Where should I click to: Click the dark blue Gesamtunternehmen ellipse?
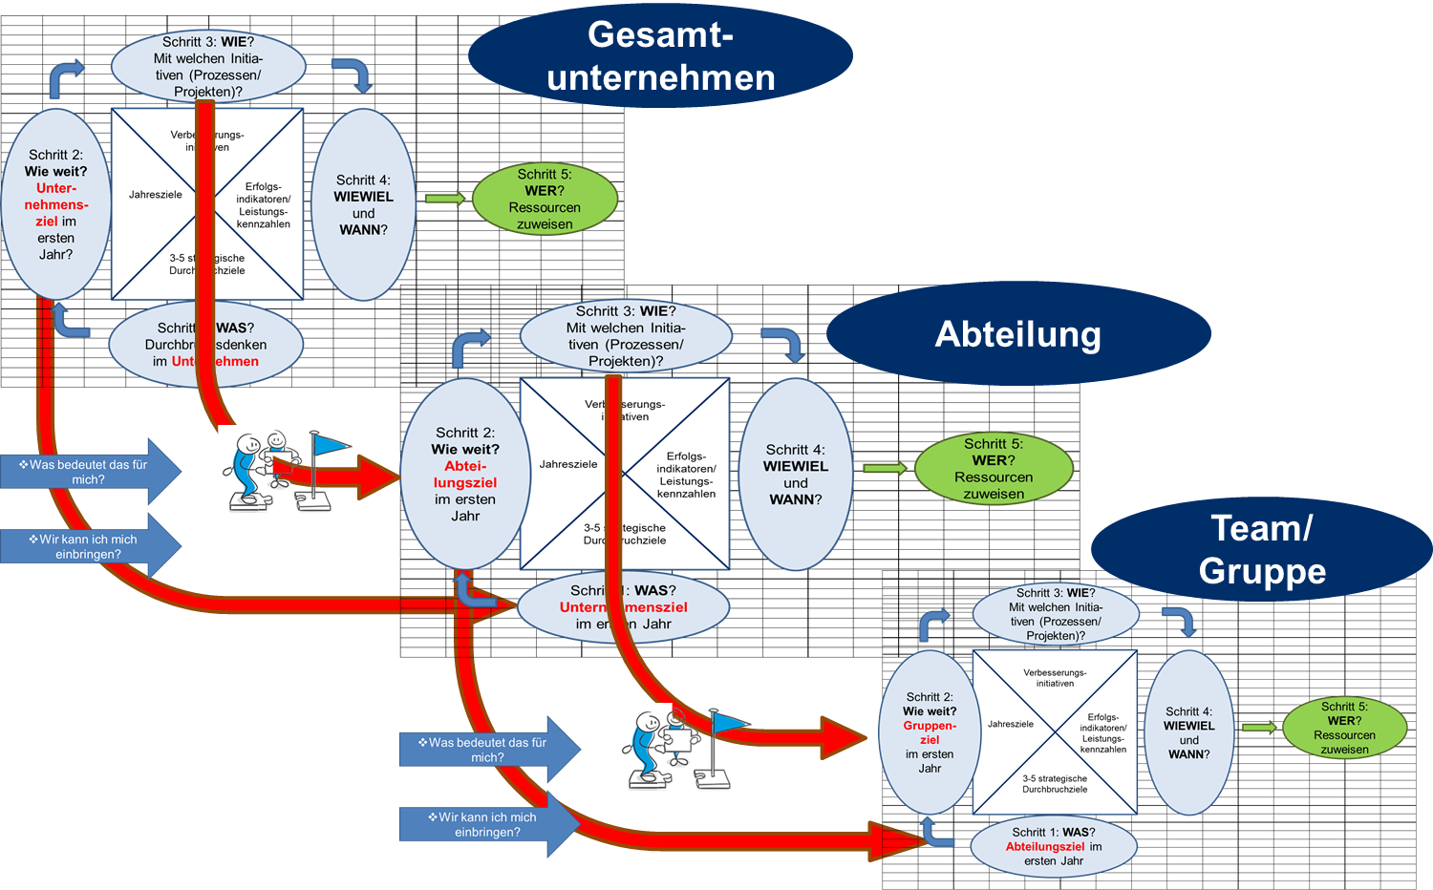(660, 55)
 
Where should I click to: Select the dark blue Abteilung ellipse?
(1018, 334)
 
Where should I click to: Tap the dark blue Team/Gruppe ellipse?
(1261, 549)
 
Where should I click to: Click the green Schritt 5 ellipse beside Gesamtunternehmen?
(545, 199)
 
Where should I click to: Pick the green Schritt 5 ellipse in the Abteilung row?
(994, 468)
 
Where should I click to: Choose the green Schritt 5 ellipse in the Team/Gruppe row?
(1344, 728)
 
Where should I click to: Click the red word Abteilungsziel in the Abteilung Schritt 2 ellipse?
(465, 475)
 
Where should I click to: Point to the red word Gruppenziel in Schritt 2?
(930, 732)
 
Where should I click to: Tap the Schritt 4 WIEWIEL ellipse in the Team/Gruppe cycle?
(1188, 732)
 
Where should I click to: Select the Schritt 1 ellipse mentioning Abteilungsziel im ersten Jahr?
(1055, 846)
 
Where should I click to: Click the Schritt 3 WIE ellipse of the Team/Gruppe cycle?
(1056, 614)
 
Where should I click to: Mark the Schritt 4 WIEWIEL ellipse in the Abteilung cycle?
(796, 474)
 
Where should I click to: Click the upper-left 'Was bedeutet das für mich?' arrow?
(90, 472)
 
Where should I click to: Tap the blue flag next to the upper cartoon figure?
(331, 446)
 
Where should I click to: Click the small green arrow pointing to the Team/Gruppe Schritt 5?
(1259, 728)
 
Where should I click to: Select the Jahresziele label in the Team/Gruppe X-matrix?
(1011, 724)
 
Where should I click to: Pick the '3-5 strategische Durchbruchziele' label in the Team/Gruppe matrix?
(1055, 784)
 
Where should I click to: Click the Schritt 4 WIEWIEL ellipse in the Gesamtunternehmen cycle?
(363, 204)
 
